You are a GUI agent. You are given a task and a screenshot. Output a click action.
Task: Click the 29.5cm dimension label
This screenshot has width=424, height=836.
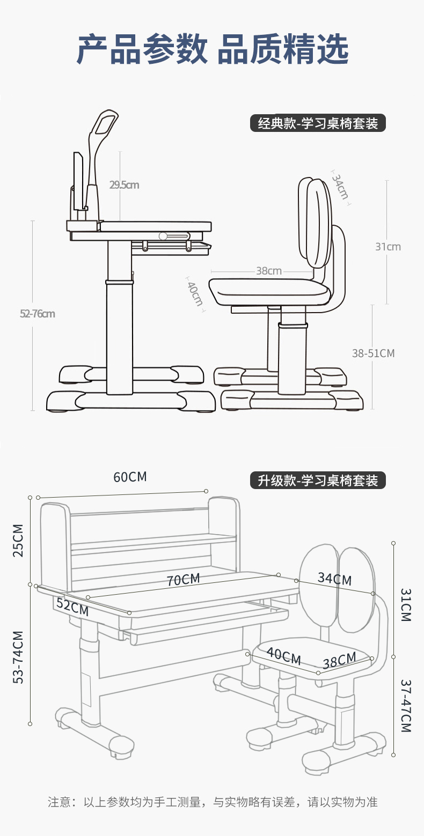point(125,185)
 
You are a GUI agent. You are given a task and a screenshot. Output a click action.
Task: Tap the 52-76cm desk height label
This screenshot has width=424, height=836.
point(38,314)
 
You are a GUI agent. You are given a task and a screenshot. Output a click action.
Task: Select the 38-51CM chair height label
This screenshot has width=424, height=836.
point(373,353)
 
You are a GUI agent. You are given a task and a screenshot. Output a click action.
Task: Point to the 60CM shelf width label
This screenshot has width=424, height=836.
point(130,477)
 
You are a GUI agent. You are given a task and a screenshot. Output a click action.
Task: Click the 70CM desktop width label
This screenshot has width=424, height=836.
point(183,580)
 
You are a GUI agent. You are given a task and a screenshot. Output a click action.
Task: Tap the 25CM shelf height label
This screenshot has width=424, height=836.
point(18,540)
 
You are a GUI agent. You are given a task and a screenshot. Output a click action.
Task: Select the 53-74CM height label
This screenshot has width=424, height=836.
point(18,657)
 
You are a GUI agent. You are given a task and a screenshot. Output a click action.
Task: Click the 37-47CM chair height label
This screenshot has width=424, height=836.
point(405,706)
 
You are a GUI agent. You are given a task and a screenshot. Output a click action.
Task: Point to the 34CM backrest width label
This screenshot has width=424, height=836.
point(334,579)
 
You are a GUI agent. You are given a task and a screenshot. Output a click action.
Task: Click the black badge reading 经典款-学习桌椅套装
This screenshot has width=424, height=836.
point(318,124)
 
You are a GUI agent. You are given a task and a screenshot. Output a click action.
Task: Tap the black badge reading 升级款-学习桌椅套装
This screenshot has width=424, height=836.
point(318,480)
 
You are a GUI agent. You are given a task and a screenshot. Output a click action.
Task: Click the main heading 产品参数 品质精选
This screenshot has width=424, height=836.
point(212,49)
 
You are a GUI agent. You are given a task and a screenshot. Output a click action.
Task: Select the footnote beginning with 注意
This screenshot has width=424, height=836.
point(212,802)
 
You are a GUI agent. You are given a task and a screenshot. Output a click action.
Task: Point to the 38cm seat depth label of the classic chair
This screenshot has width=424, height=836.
point(268,271)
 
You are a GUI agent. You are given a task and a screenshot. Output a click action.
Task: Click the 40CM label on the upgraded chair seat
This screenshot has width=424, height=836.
point(283,656)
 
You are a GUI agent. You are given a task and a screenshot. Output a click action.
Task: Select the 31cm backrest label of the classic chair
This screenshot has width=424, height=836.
point(388,247)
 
